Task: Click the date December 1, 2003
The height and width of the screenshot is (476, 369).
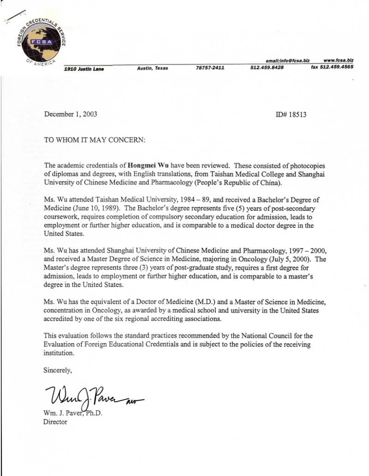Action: coord(71,114)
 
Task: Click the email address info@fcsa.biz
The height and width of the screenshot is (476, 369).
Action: coord(287,60)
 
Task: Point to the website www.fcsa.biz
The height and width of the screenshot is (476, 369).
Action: coord(339,60)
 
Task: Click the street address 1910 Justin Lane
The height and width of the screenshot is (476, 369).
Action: coord(84,69)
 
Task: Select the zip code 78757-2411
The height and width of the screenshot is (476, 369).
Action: coord(210,68)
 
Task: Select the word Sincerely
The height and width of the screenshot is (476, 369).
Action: coord(58,370)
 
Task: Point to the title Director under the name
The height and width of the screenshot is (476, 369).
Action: coord(55,422)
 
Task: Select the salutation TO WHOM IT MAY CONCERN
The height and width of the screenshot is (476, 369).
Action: coord(94,139)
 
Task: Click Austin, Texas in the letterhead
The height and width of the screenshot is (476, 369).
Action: coord(153,68)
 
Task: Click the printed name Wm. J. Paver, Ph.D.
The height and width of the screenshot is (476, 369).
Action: coord(72,412)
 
